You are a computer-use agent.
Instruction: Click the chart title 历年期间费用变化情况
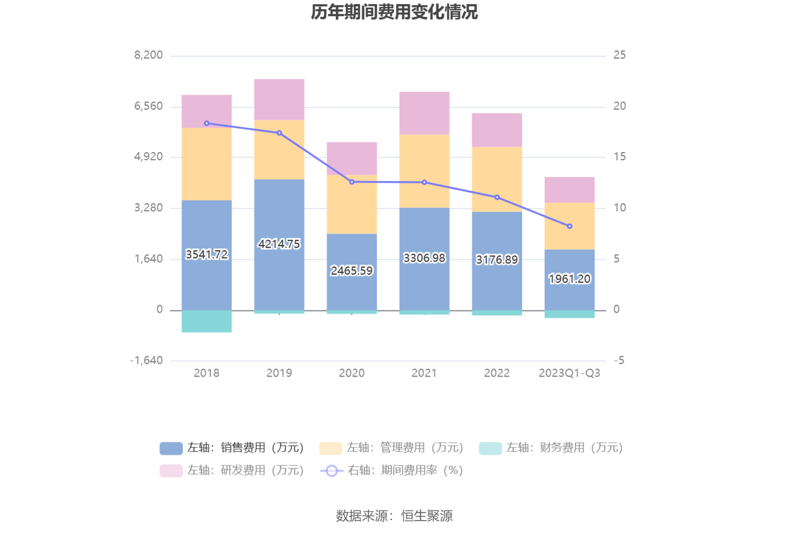tap(395, 12)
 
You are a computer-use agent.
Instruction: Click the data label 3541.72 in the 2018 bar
tap(207, 254)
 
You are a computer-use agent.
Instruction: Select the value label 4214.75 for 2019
tap(279, 244)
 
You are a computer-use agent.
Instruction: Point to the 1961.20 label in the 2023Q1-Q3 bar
tap(570, 279)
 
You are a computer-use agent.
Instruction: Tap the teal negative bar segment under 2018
tap(207, 321)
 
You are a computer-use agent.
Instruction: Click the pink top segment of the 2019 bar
tap(279, 100)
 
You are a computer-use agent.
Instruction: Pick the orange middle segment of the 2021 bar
tap(424, 171)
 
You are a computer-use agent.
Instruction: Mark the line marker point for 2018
tap(207, 123)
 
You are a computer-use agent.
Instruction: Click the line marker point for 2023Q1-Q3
tap(570, 226)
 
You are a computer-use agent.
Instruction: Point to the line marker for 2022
tap(497, 197)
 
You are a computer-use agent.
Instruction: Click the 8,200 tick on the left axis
tap(149, 55)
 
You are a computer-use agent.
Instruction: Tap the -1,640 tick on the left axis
tap(146, 360)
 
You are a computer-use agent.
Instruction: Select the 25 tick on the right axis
tap(620, 55)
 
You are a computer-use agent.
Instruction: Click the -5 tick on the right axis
tap(619, 360)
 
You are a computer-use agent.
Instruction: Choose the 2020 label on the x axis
tap(352, 373)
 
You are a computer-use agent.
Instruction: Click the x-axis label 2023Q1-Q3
tap(570, 373)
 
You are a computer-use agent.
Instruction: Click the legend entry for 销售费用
tap(232, 448)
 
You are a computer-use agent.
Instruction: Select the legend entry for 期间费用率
tap(392, 470)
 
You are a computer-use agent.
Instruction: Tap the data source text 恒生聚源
tap(427, 515)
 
